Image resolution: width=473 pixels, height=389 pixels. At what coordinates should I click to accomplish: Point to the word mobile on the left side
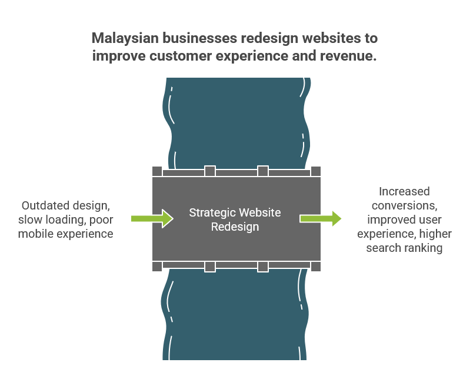(x=36, y=234)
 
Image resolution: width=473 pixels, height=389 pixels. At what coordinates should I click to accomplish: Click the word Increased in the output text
(x=404, y=192)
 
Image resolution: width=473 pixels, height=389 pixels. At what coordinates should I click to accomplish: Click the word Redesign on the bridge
(x=235, y=227)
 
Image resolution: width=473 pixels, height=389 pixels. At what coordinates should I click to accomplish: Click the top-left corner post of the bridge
(x=157, y=171)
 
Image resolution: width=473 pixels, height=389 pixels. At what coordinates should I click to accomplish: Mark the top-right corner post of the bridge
(x=316, y=171)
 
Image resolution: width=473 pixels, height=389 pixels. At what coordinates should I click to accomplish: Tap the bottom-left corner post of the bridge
(x=157, y=267)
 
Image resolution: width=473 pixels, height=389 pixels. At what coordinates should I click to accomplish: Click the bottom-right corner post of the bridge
(x=316, y=267)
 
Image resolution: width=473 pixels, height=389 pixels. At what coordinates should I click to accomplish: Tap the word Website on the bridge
(x=261, y=212)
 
